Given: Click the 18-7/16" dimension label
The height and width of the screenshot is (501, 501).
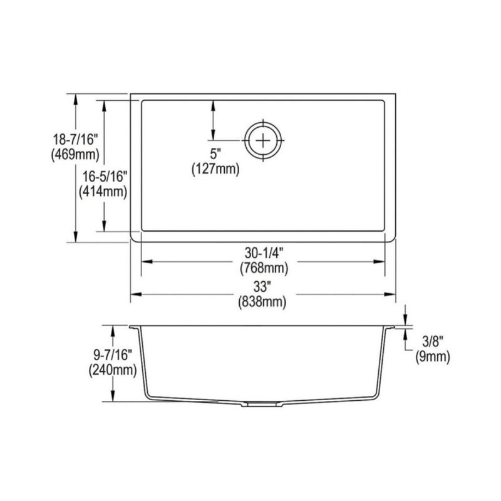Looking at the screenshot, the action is (x=75, y=139).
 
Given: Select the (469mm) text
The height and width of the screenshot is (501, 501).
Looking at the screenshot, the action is (x=75, y=155).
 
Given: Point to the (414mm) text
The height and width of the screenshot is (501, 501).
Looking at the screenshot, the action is (x=103, y=192).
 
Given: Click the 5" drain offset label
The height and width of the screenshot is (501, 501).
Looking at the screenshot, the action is (x=215, y=154).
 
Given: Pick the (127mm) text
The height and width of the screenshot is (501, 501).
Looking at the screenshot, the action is (x=215, y=168).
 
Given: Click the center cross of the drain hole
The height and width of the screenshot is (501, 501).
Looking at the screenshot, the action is (x=263, y=140).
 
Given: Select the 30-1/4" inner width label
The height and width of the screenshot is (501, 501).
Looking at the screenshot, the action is (x=264, y=254).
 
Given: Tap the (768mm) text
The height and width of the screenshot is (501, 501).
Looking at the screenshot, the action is (x=264, y=268).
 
